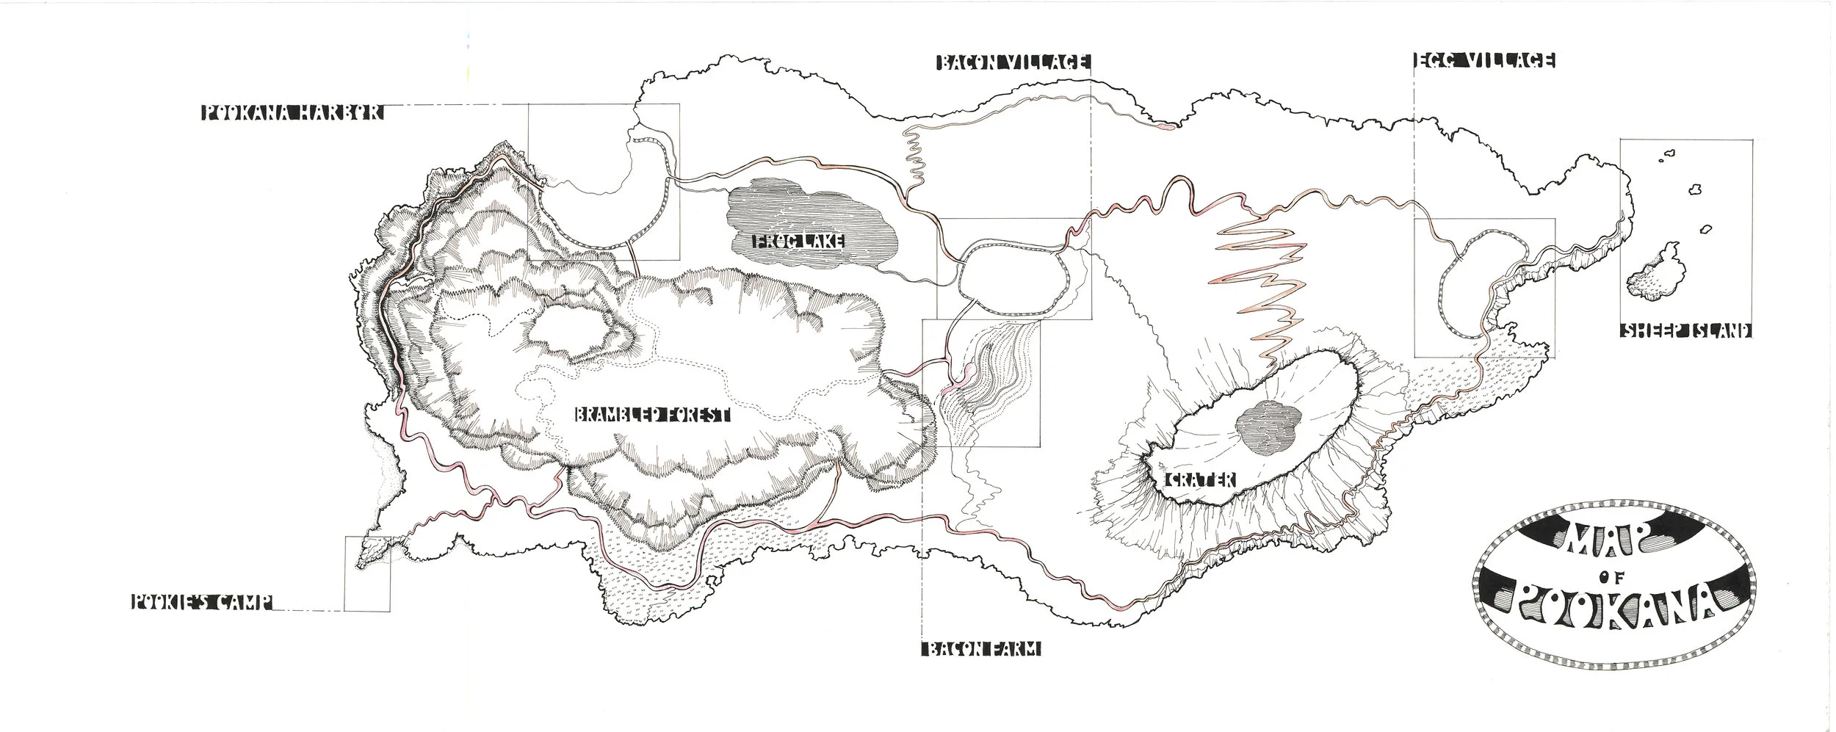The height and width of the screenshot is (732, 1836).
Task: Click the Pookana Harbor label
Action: click(x=292, y=113)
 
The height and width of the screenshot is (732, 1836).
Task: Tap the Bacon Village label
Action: click(x=1013, y=63)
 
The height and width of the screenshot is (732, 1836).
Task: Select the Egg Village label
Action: click(x=1483, y=62)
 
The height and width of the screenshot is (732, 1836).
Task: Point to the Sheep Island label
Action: click(x=1685, y=330)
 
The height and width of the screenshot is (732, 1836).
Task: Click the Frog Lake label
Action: click(x=797, y=241)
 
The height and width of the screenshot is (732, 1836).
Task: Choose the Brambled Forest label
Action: click(x=651, y=416)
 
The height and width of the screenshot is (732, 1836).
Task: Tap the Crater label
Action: click(x=1201, y=479)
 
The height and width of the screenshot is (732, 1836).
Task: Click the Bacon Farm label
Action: click(x=980, y=649)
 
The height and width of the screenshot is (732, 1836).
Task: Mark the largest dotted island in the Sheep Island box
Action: click(x=1652, y=273)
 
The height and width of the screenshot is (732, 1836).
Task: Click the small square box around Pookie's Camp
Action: click(x=367, y=573)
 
